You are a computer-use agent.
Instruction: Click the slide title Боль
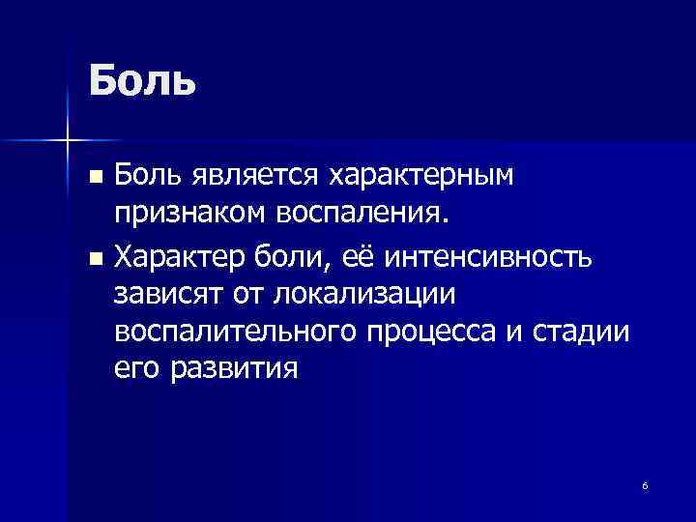coord(142,79)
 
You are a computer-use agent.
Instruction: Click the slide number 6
coord(645,484)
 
